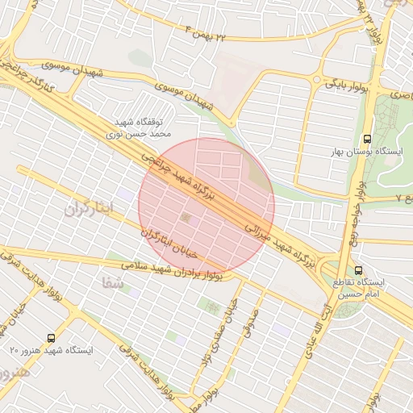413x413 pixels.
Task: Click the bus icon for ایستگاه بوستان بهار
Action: click(368, 139)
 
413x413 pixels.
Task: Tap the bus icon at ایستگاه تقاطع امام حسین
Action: click(359, 271)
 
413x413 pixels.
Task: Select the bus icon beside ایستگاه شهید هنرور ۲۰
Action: click(52, 339)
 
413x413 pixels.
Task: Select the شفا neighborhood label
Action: click(112, 282)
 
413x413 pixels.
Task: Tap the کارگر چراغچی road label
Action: click(32, 72)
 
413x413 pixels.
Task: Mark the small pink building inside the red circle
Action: click(188, 219)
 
